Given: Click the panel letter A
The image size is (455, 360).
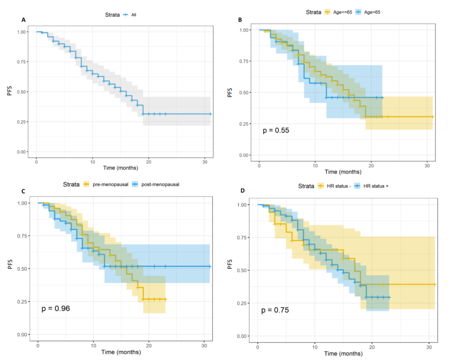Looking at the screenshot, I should coord(23,20).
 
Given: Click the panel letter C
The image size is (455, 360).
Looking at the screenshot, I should coord(23,192).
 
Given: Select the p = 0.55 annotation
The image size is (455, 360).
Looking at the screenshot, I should coord(275,131).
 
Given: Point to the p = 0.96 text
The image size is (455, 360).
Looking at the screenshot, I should coord(55,309).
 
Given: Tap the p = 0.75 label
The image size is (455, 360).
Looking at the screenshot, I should coord(275,310).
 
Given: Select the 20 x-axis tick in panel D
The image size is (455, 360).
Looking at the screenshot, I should coord(372,346).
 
